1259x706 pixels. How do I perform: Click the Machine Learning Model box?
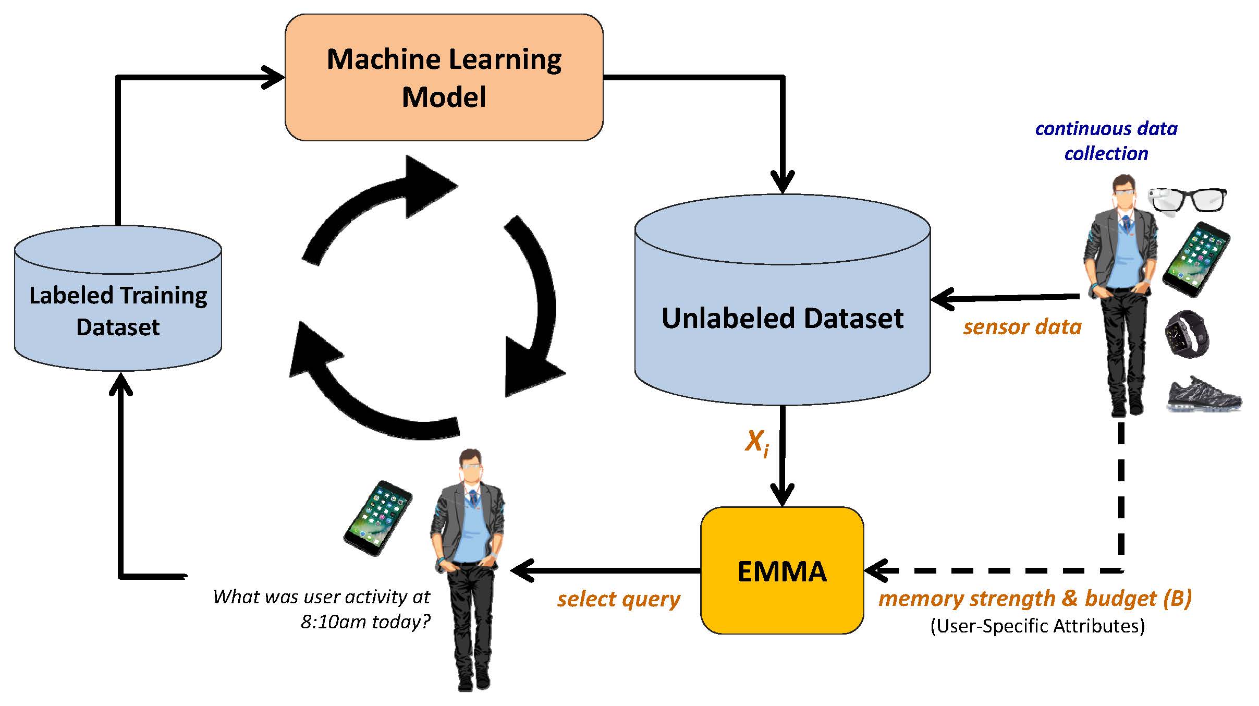(x=444, y=77)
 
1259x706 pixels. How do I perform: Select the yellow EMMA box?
(x=781, y=570)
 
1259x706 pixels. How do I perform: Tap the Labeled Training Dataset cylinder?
(x=118, y=311)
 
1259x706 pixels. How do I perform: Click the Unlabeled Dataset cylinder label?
(x=782, y=318)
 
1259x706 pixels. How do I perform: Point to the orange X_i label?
(x=756, y=443)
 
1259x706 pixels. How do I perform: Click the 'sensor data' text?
(x=1022, y=327)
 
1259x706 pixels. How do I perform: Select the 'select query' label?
(x=618, y=599)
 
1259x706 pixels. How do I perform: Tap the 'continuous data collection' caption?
(x=1106, y=141)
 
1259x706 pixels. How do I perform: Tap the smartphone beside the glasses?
(x=1196, y=260)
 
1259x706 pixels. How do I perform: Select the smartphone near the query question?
(x=377, y=518)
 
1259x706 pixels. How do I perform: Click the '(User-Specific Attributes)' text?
(x=1037, y=626)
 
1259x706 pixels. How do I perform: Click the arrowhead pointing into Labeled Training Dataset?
(x=120, y=384)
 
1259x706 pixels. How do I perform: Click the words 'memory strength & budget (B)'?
(x=1035, y=598)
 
